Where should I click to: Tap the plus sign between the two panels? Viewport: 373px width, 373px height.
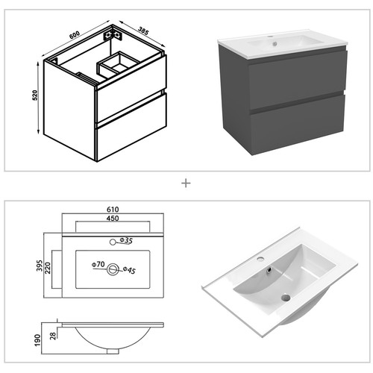[x=186, y=181]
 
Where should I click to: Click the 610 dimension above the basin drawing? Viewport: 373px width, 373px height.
[x=113, y=210]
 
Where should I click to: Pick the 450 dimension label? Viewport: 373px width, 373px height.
[x=113, y=221]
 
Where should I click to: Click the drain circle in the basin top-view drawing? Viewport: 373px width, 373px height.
[x=113, y=269]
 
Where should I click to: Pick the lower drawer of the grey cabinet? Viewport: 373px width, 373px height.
[x=297, y=125]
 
